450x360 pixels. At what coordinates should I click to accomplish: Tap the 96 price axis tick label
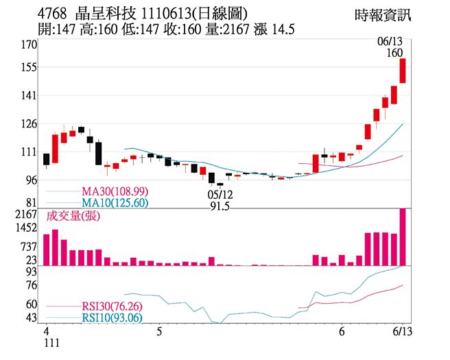tap(31, 180)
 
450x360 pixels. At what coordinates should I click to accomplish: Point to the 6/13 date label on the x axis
tap(403, 331)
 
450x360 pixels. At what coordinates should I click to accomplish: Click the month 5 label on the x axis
tap(160, 331)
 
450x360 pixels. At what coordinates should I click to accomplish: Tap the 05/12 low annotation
tap(219, 194)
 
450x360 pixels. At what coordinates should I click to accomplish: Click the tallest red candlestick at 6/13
tap(403, 71)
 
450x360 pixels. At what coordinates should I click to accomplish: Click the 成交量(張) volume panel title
tap(73, 217)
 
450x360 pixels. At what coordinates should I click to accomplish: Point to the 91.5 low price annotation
tap(219, 204)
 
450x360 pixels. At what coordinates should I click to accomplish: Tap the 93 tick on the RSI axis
tap(31, 272)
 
